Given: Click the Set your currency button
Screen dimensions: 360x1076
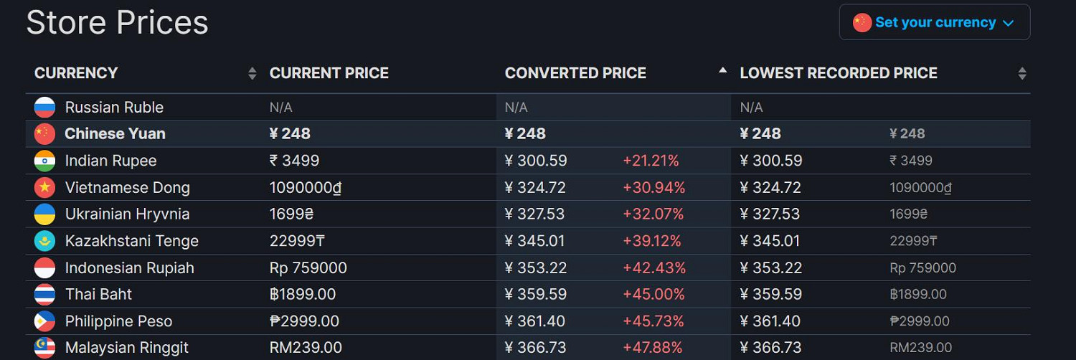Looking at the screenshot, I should pos(934,22).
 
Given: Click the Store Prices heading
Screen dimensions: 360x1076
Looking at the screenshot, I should pos(117,22).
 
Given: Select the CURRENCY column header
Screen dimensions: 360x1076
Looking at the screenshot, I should pos(76,73).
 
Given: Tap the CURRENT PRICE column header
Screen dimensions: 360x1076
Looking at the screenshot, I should pos(329,73).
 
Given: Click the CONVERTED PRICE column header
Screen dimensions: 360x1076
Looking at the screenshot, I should pos(575,73).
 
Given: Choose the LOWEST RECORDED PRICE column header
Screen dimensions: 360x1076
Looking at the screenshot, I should pos(838,73).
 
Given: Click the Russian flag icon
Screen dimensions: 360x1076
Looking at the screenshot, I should pos(44,108).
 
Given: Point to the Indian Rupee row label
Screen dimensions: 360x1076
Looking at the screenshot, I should pos(110,161).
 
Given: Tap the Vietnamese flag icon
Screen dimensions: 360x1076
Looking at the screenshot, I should pos(44,188).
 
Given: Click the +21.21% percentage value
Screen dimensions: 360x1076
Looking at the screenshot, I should pos(651,161).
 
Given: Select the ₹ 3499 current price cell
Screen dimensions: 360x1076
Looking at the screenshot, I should pos(294,161).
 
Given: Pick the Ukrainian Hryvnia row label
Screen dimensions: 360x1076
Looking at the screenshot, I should pos(128,214).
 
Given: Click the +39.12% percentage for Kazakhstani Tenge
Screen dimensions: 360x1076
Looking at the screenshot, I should pos(652,241).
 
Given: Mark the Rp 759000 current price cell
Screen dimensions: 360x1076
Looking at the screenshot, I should pos(308,268).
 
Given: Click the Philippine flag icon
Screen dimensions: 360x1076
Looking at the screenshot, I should pos(44,321).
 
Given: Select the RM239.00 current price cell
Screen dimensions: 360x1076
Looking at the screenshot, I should pos(306,348).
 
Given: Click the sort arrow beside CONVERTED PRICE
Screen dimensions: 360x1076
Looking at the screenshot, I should pos(723,70).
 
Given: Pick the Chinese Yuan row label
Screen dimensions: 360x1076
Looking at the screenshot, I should pos(115,134).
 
